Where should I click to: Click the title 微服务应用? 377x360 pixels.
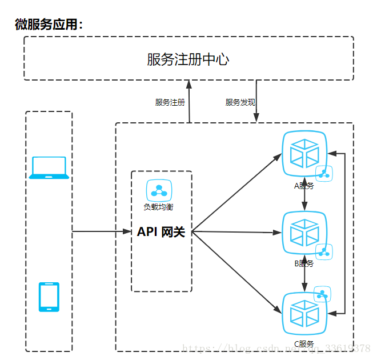[x=49, y=25]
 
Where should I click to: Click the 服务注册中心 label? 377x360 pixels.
[x=188, y=59]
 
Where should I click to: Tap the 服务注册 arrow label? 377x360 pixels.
[x=170, y=102]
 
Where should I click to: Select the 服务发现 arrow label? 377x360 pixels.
[x=240, y=102]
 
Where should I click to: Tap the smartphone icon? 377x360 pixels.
[x=49, y=297]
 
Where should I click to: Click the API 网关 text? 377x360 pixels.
[x=161, y=232]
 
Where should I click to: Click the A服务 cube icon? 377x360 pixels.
[x=304, y=154]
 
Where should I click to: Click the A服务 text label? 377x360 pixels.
[x=303, y=186]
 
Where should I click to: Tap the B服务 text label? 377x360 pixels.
[x=303, y=264]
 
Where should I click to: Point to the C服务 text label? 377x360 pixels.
[x=303, y=343]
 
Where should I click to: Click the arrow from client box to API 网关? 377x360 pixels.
[x=102, y=231]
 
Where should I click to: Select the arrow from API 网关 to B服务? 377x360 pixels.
[x=237, y=232]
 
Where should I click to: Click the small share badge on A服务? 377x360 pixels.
[x=324, y=174]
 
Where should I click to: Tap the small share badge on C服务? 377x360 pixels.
[x=323, y=294]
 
